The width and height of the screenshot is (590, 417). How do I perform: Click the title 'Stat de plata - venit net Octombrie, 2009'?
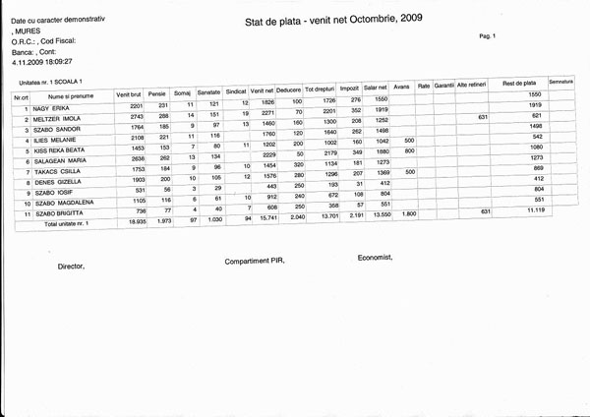click(322, 20)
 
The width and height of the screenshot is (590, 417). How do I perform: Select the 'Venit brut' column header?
click(130, 93)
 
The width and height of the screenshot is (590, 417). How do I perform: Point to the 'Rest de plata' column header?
click(517, 84)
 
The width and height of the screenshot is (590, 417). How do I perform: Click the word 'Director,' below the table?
click(71, 267)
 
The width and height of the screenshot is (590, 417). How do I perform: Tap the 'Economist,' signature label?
click(375, 258)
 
